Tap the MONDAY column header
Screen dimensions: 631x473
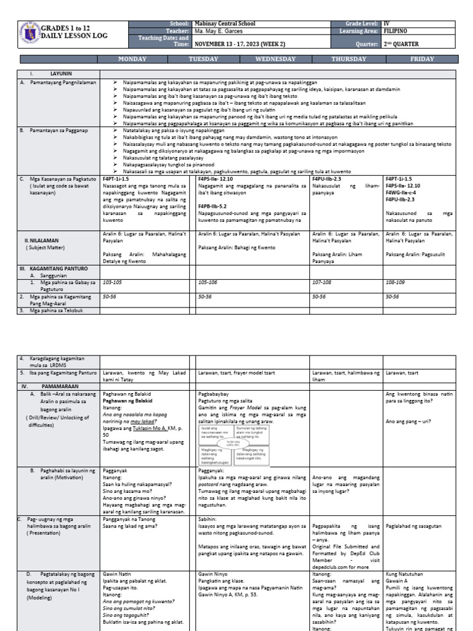pos(132,59)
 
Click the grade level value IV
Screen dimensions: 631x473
pos(386,23)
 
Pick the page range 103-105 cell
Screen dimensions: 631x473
pos(113,281)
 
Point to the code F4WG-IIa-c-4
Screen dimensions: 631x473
pos(404,192)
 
